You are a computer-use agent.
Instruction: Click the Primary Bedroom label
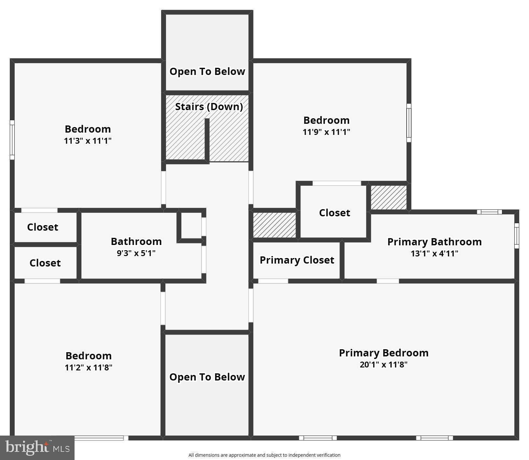(x=383, y=353)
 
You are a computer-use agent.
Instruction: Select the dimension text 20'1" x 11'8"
(x=383, y=365)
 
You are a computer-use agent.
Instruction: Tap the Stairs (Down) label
(x=209, y=107)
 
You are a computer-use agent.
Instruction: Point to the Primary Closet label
(x=297, y=260)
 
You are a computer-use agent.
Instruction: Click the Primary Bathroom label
(x=434, y=242)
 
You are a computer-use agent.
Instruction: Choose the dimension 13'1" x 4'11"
(x=434, y=253)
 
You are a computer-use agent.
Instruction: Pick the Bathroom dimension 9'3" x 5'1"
(x=136, y=253)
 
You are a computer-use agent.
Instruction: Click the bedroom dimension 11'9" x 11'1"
(x=326, y=132)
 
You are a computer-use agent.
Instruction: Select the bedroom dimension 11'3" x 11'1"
(x=88, y=141)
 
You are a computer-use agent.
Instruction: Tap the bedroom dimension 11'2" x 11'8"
(x=89, y=367)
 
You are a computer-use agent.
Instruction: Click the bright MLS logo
(x=37, y=448)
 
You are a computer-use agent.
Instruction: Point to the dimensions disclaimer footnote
(x=264, y=455)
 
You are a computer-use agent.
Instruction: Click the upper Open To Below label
(x=207, y=71)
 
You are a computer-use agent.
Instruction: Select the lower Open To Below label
(x=207, y=377)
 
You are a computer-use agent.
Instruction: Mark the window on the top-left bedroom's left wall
(x=12, y=140)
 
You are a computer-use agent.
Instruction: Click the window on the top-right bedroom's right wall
(x=409, y=123)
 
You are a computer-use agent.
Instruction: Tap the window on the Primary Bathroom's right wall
(x=517, y=236)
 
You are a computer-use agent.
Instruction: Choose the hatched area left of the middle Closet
(x=274, y=225)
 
